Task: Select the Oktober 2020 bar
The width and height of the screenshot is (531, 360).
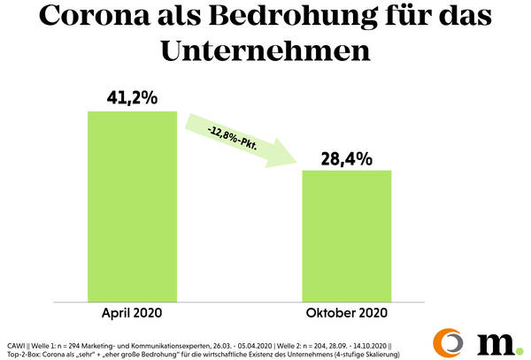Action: pyautogui.click(x=347, y=234)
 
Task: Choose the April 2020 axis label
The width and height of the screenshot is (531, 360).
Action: pyautogui.click(x=133, y=312)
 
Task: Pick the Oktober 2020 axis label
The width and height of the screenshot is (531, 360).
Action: pyautogui.click(x=347, y=312)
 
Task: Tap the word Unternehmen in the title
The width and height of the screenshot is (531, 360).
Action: pyautogui.click(x=265, y=50)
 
